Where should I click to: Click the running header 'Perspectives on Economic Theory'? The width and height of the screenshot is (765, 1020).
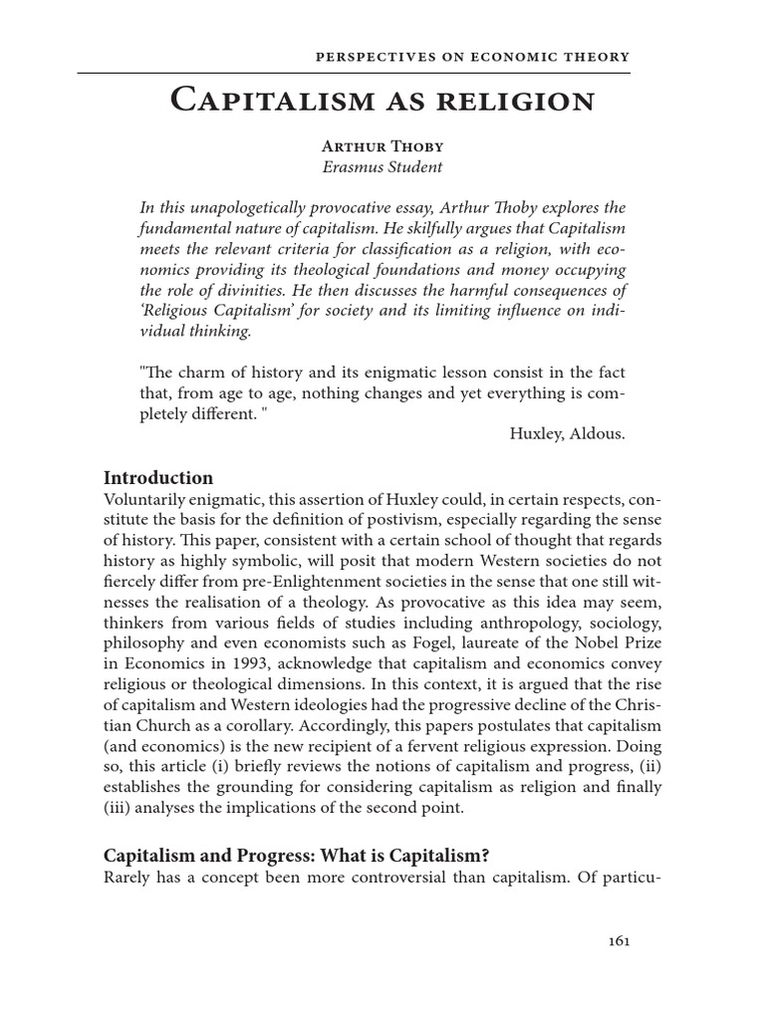point(471,57)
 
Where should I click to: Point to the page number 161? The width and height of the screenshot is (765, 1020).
point(618,939)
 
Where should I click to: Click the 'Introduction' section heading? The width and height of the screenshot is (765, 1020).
point(158,477)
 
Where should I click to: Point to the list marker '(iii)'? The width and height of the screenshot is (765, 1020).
point(119,808)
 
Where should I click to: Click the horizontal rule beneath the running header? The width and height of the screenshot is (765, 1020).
point(354,73)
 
